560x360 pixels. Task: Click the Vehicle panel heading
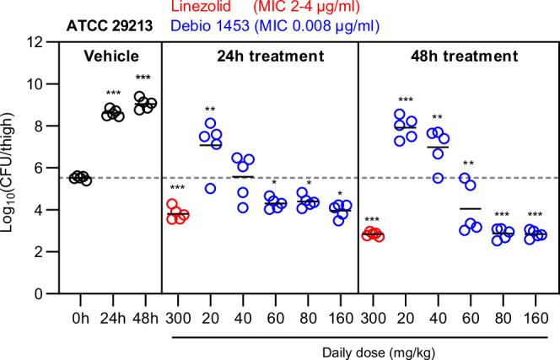coord(110,57)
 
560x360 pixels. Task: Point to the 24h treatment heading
coord(259,57)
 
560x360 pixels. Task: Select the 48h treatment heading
coord(455,57)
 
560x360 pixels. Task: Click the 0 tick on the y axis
coord(40,293)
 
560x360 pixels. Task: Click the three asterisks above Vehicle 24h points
coord(112,94)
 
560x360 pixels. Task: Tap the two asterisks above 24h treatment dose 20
coord(211,110)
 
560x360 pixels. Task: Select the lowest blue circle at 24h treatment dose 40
coord(243,207)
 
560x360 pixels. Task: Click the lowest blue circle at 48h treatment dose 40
coord(436,178)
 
